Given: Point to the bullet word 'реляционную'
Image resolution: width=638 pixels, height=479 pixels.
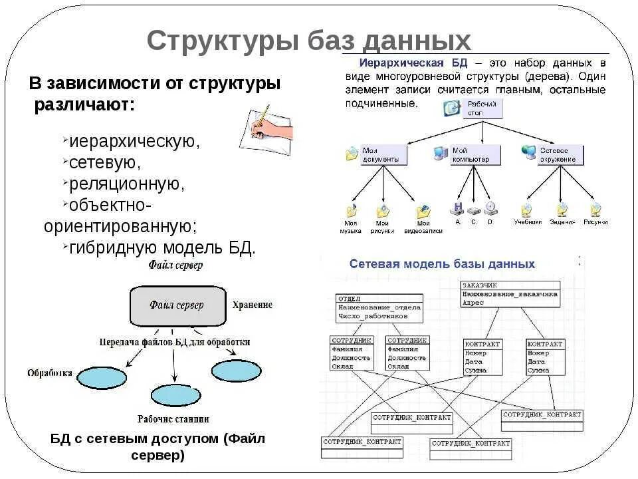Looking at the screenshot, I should click(126, 183).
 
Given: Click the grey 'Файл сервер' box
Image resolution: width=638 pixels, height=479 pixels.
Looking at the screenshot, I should click(176, 305).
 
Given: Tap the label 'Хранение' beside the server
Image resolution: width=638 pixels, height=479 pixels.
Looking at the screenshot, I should click(252, 305).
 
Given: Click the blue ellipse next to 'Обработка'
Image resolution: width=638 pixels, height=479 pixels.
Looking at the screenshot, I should click(101, 377).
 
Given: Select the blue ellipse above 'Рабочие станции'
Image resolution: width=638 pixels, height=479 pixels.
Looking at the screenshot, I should click(175, 395).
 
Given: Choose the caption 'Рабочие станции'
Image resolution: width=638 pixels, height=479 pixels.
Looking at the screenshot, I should click(173, 419).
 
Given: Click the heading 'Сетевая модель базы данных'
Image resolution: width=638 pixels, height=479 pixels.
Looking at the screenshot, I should click(442, 264).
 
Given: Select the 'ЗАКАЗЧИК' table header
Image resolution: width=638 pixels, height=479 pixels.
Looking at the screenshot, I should click(479, 285).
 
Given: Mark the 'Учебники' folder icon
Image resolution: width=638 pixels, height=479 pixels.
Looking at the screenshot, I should click(526, 210).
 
